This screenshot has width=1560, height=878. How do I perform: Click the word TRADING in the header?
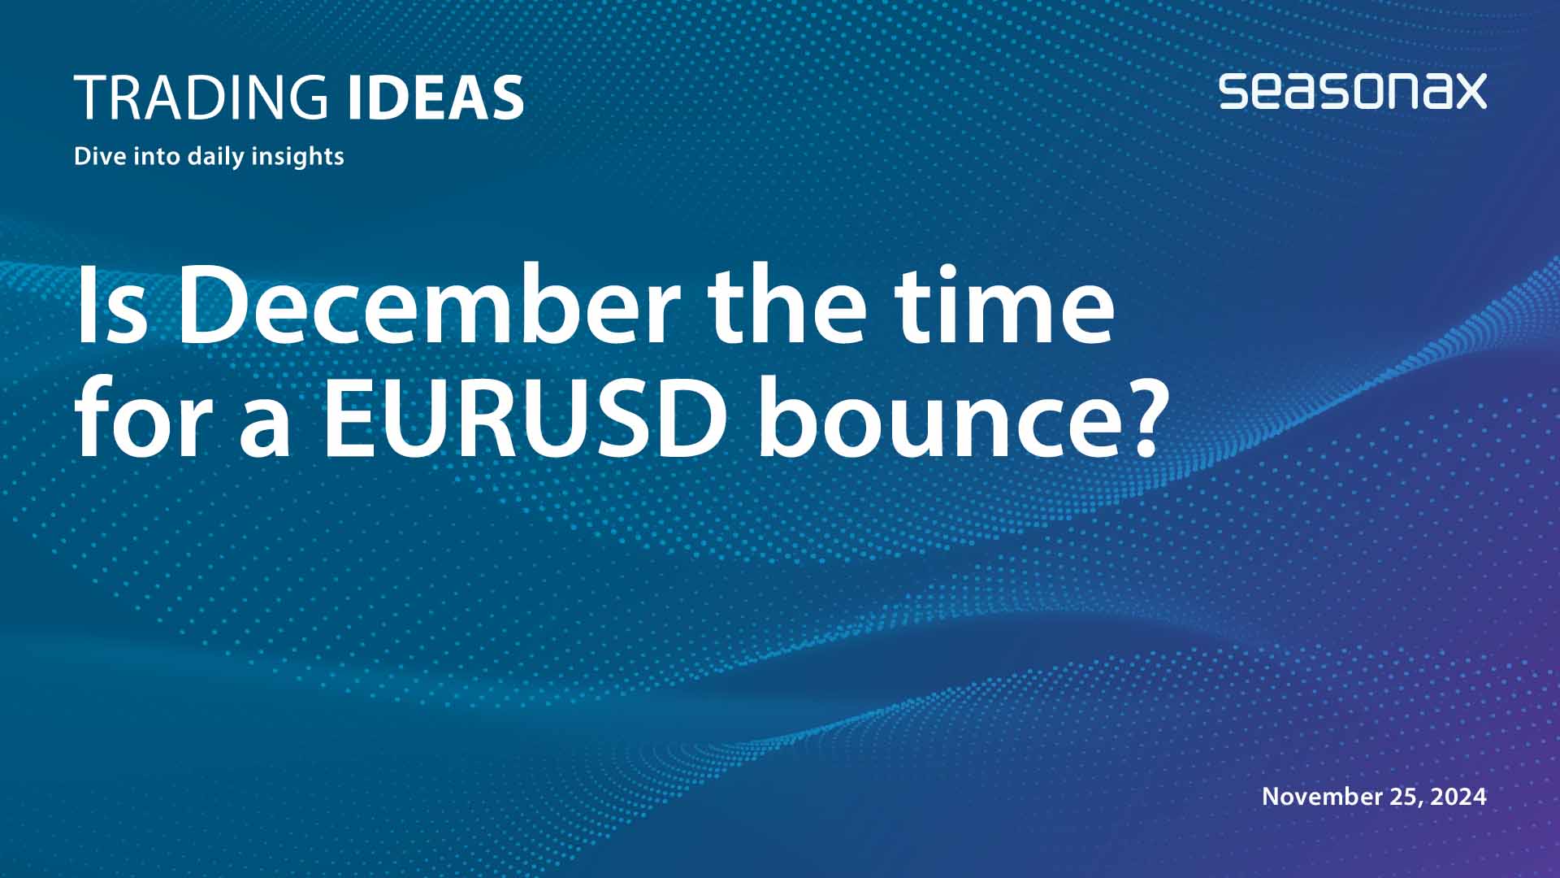201,98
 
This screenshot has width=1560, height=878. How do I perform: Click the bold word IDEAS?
435,98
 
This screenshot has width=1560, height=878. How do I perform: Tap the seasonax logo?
1352,91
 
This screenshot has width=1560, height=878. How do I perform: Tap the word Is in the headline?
111,305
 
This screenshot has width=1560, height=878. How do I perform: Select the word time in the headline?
1005,305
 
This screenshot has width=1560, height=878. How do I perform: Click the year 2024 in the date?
1458,796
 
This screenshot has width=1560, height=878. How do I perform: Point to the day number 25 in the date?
1404,796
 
